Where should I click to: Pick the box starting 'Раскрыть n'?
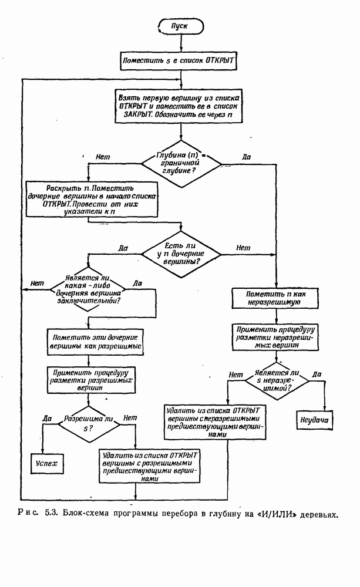(x=87, y=200)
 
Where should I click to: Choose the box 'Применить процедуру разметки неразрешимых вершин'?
(x=275, y=338)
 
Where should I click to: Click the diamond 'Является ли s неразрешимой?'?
(x=275, y=380)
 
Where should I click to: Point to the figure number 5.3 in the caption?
(x=49, y=515)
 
